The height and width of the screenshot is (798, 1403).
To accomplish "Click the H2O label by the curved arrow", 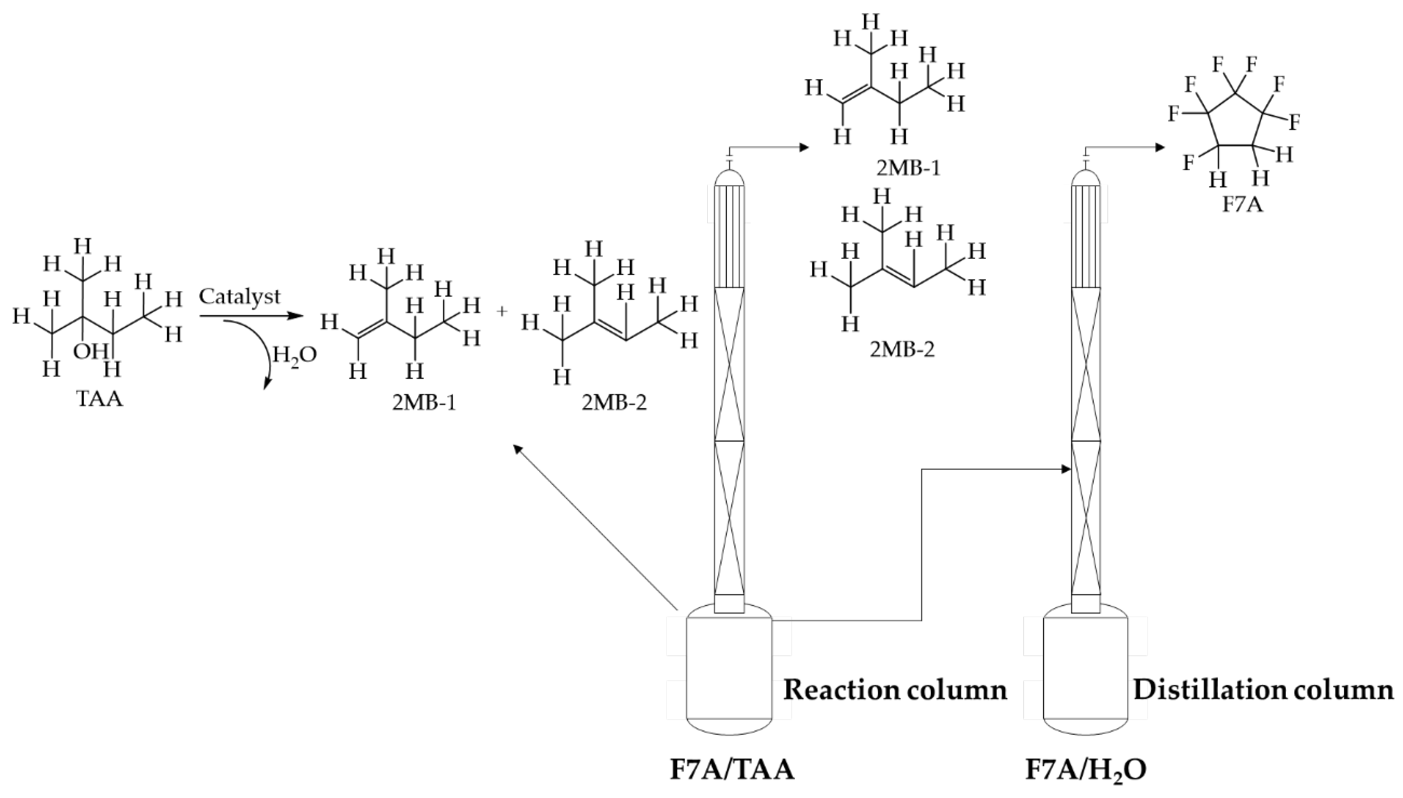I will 294,356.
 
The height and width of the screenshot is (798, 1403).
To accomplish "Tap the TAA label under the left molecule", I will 100,399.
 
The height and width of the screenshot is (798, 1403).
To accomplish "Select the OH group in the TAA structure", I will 91,351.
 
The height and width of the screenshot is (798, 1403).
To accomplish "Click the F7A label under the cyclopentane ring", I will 1243,205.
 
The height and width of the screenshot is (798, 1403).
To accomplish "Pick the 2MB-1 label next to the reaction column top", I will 908,168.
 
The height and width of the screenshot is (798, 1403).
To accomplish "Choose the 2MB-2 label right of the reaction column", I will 902,349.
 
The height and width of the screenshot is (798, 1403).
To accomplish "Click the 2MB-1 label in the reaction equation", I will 424,403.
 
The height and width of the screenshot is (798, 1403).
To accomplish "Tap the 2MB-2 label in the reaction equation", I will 614,403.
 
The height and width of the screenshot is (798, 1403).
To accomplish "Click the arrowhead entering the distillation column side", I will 1066,469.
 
